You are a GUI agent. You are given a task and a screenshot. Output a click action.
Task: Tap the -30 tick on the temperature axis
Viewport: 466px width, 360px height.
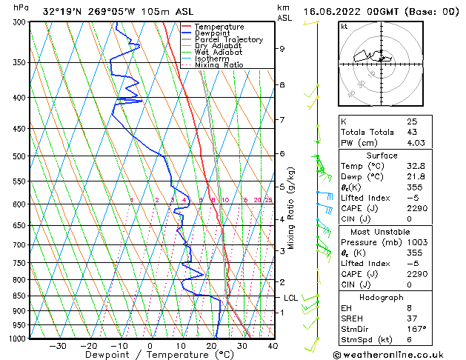(58, 346)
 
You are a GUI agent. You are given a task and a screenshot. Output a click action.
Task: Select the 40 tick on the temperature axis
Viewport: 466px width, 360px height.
(273, 346)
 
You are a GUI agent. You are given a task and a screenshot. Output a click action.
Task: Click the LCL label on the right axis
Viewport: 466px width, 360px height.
(291, 298)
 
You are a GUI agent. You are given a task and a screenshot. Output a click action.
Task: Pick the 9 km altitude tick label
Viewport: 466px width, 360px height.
(282, 49)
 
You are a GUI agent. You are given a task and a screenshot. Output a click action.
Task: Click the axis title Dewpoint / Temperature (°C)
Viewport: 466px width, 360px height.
(150, 356)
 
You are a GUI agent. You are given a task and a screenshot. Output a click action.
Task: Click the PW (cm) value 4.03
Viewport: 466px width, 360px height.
(416, 143)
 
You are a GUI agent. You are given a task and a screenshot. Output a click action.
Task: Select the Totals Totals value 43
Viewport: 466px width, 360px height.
(411, 132)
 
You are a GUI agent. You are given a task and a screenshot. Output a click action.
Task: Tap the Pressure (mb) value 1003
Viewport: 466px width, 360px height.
(416, 242)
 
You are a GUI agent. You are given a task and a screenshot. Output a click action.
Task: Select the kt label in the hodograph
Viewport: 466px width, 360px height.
(344, 26)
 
